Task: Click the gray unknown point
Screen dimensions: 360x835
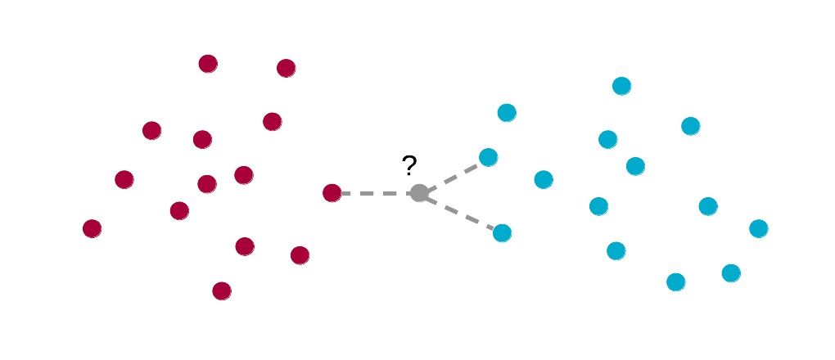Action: [419, 193]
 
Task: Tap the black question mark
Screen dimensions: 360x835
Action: [409, 166]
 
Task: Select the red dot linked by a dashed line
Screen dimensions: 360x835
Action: [332, 193]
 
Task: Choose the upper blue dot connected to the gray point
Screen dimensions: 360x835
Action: [489, 157]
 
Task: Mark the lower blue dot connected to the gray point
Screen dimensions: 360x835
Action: [503, 233]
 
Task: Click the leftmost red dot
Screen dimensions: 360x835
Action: [93, 229]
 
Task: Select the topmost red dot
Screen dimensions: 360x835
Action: [208, 64]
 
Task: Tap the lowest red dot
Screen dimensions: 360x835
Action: [222, 290]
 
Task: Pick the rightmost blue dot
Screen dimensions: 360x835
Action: [759, 228]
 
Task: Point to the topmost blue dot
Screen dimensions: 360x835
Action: [622, 86]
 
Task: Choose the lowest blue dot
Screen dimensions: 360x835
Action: [675, 282]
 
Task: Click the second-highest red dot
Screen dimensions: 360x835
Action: [286, 68]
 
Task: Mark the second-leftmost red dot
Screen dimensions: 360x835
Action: [124, 179]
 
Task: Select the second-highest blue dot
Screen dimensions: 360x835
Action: [507, 113]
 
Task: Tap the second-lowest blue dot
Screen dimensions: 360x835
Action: [731, 273]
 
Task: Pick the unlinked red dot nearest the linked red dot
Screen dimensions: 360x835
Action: [300, 255]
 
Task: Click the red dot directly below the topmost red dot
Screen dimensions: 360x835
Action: [203, 139]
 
